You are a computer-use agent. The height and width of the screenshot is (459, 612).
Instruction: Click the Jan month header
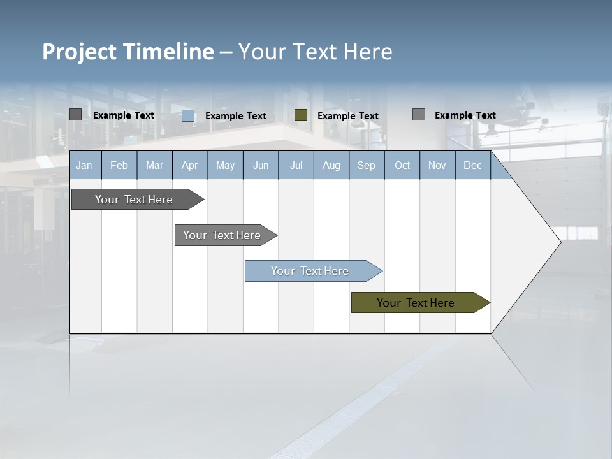(84, 166)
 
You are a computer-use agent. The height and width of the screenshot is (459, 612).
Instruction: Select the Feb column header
(119, 166)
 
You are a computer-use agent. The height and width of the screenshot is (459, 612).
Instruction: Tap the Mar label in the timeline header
(154, 166)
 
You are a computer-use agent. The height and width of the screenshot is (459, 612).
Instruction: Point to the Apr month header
(189, 166)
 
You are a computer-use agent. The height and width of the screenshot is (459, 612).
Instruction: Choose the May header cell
(225, 166)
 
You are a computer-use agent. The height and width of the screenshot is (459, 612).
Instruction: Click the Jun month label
(261, 166)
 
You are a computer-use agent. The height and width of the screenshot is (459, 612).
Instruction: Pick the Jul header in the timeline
(296, 166)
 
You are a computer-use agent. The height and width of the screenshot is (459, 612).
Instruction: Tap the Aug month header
(331, 166)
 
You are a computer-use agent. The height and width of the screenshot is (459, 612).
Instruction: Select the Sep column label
(366, 166)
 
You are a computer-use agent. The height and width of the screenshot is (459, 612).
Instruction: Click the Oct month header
(402, 166)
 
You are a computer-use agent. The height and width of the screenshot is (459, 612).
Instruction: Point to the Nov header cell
(437, 166)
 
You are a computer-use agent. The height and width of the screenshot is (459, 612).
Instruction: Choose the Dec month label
(473, 166)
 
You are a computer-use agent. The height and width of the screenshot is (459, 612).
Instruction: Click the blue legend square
(188, 115)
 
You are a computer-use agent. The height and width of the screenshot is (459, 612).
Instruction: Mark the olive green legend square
(301, 115)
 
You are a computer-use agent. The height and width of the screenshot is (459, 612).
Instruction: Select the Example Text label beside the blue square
(236, 116)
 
